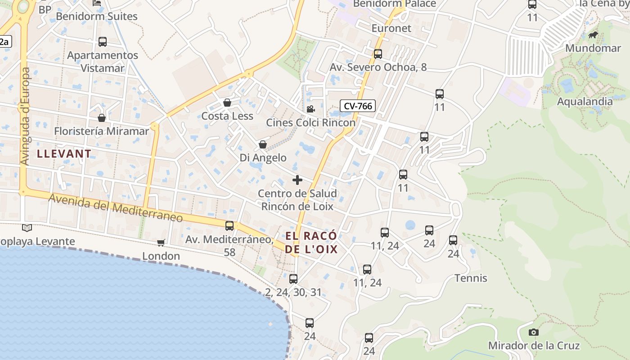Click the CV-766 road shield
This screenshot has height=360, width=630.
pyautogui.click(x=358, y=106)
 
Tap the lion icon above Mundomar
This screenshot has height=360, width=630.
pyautogui.click(x=593, y=35)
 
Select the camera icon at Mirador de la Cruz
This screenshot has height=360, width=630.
pyautogui.click(x=534, y=333)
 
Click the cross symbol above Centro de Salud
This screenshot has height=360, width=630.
pyautogui.click(x=297, y=180)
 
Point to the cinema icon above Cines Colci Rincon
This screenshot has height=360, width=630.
pyautogui.click(x=310, y=109)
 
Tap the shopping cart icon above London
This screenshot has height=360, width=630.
pyautogui.click(x=161, y=243)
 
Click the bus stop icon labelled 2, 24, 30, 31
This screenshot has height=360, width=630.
pyautogui.click(x=293, y=279)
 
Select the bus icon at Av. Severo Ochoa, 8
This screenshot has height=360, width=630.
pyautogui.click(x=378, y=54)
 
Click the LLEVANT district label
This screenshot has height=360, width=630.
pyautogui.click(x=64, y=153)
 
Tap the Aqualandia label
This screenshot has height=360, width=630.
pyautogui.click(x=585, y=101)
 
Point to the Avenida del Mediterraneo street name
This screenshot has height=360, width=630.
pyautogui.click(x=116, y=208)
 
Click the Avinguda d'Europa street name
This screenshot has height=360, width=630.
pyautogui.click(x=25, y=116)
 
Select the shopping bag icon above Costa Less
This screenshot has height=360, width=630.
pyautogui.click(x=227, y=103)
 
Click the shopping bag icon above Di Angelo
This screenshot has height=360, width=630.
pyautogui.click(x=263, y=145)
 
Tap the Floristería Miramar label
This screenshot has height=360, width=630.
pyautogui.click(x=101, y=131)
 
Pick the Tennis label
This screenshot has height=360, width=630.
pyautogui.click(x=471, y=278)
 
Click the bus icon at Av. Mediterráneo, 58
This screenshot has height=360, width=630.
pyautogui.click(x=229, y=226)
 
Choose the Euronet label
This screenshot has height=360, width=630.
pyautogui.click(x=391, y=28)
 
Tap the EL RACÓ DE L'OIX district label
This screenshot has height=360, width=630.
pyautogui.click(x=311, y=243)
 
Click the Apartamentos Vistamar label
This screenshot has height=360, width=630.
pyautogui.click(x=103, y=62)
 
